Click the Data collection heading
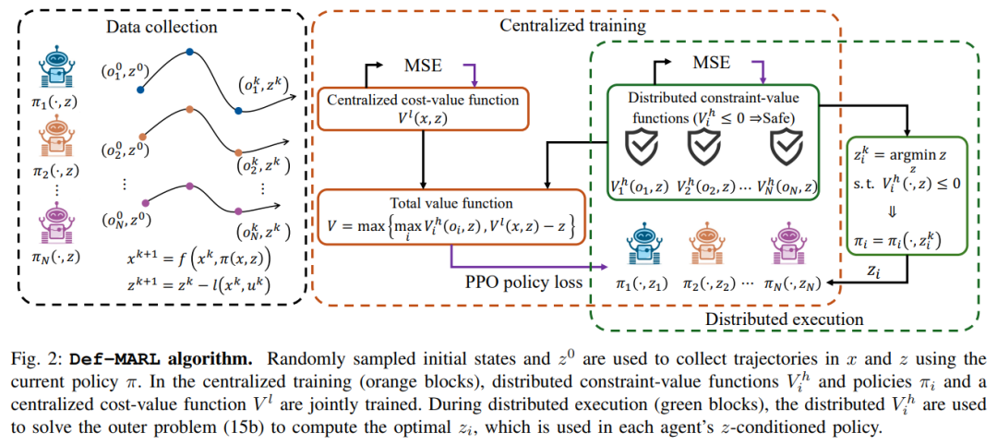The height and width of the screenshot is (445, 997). tap(162, 27)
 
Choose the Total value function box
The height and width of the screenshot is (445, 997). tap(450, 218)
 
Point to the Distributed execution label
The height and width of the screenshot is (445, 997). tap(784, 319)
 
